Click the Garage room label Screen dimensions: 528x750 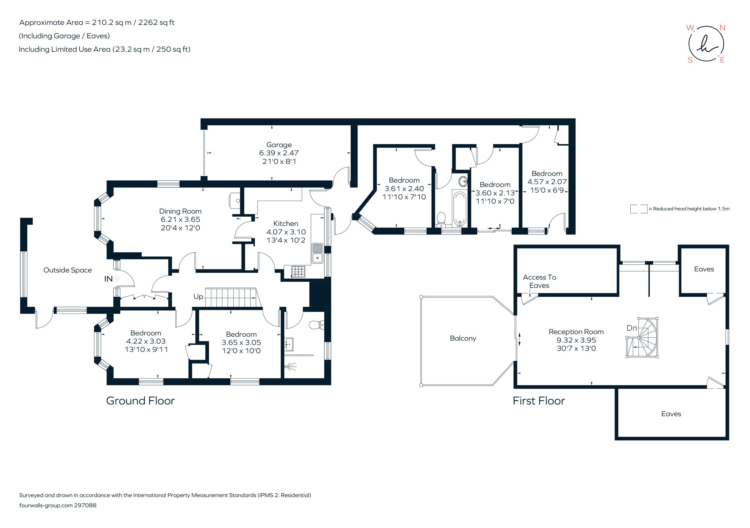279,145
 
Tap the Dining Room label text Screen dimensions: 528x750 180,211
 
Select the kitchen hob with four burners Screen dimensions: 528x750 298,272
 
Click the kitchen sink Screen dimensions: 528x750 317,253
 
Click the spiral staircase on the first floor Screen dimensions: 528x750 642,338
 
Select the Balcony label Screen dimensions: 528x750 462,338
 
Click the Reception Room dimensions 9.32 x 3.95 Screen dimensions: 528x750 576,340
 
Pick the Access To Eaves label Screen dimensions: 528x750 539,281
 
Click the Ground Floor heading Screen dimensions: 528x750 140,401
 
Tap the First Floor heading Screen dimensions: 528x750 538,401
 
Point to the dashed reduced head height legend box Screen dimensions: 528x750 638,209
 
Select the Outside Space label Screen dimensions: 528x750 67,270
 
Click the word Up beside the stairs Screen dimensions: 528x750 198,297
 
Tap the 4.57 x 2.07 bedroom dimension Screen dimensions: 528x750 547,182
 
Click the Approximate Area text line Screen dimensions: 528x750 97,23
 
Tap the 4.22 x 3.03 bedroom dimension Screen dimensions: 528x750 146,341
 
